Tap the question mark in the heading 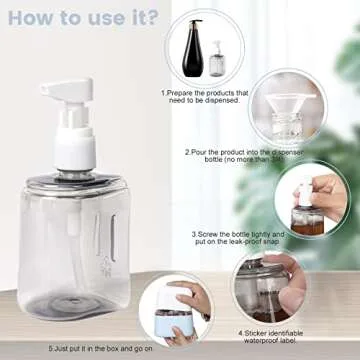[x=152, y=18]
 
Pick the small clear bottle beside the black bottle [x=217, y=60]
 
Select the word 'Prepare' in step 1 [x=185, y=92]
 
